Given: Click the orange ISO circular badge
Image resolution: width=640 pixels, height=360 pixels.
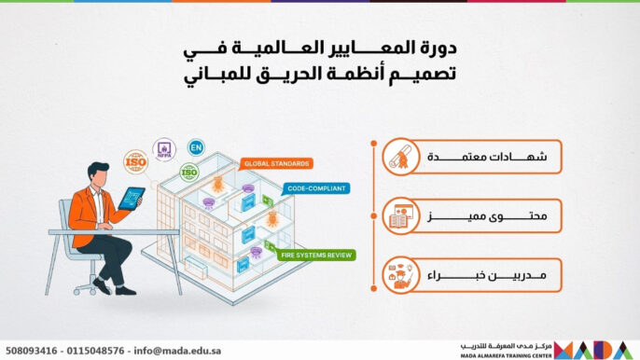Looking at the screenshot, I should [135, 159].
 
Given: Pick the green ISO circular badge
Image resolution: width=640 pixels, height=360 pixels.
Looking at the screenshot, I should [189, 172].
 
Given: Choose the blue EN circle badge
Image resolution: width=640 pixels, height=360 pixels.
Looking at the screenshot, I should [195, 147].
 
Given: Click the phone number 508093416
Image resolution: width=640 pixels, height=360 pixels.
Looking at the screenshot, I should [32, 351].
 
